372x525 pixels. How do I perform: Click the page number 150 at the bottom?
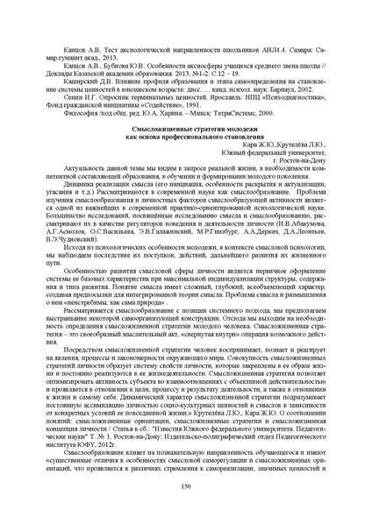(185, 485)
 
